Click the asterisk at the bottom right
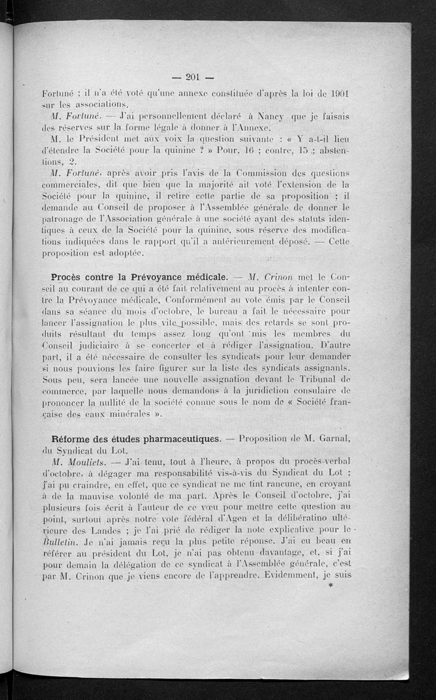(330, 586)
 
